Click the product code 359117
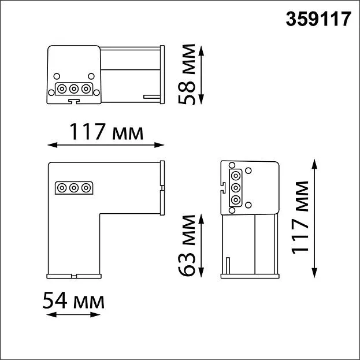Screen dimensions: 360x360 (x=318, y=19)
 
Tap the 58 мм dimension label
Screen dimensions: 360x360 (x=187, y=74)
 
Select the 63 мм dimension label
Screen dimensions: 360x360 (x=187, y=245)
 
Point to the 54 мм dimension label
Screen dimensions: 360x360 (x=73, y=300)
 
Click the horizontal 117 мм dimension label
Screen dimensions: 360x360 (x=106, y=132)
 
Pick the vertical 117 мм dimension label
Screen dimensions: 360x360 (x=300, y=218)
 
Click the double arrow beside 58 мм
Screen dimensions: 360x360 (x=201, y=75)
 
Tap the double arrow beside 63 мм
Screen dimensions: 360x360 (x=201, y=246)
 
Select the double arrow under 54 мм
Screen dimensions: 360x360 (x=73, y=314)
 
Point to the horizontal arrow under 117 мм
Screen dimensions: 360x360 (x=106, y=145)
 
